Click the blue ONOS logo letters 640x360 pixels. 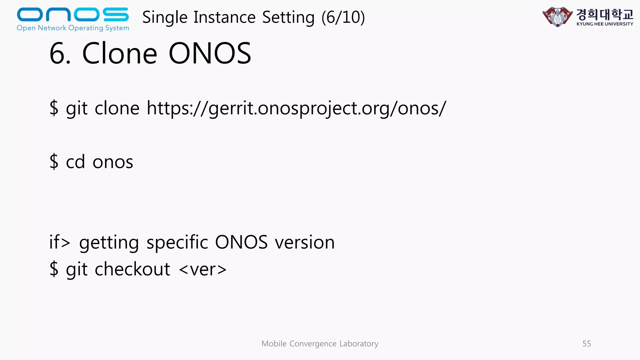(x=72, y=14)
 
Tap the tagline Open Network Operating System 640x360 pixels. (x=73, y=28)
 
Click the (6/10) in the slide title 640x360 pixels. (x=343, y=17)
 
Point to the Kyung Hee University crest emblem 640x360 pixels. (x=557, y=17)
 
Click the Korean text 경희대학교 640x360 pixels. (x=604, y=14)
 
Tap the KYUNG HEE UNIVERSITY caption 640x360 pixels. (x=605, y=24)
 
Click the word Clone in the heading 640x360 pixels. (x=119, y=53)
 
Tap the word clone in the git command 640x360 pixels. (x=117, y=108)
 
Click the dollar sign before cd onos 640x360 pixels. (x=54, y=162)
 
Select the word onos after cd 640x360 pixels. (x=113, y=162)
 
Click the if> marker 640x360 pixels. (x=60, y=242)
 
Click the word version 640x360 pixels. (x=305, y=242)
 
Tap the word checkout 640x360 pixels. (x=132, y=269)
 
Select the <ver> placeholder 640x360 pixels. (x=203, y=269)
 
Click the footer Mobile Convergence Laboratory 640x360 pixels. (x=320, y=344)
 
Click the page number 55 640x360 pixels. (x=587, y=344)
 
